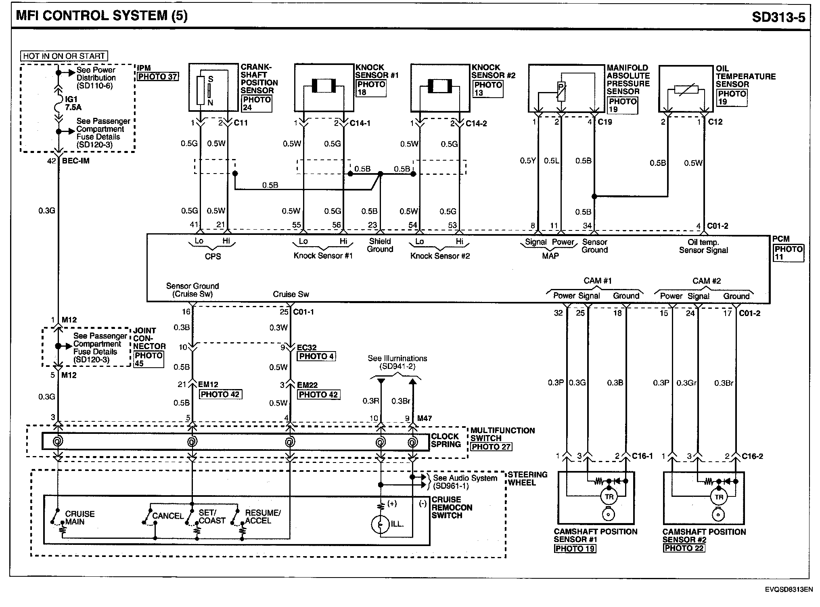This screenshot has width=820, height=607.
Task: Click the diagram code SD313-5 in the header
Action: click(778, 17)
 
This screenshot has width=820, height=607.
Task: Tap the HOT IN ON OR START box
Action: click(64, 56)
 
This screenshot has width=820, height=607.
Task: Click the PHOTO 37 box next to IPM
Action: click(157, 77)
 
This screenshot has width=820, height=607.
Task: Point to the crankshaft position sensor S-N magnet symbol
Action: click(210, 91)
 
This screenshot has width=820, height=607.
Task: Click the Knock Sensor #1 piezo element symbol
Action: click(324, 86)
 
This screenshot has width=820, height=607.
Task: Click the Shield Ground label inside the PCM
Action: click(380, 245)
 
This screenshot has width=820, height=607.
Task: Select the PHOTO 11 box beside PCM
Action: click(788, 253)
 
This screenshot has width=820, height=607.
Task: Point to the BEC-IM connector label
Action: click(76, 161)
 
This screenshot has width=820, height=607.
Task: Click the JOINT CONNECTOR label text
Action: click(149, 339)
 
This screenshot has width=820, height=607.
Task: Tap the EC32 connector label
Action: click(307, 347)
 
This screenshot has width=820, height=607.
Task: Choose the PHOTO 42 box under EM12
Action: click(220, 394)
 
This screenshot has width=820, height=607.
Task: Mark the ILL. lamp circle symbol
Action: click(380, 524)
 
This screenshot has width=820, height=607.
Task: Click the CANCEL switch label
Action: click(167, 516)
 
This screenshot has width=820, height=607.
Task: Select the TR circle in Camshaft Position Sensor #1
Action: click(609, 497)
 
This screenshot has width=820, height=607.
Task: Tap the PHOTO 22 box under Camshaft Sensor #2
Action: click(684, 548)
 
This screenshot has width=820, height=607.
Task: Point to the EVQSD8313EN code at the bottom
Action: click(788, 590)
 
